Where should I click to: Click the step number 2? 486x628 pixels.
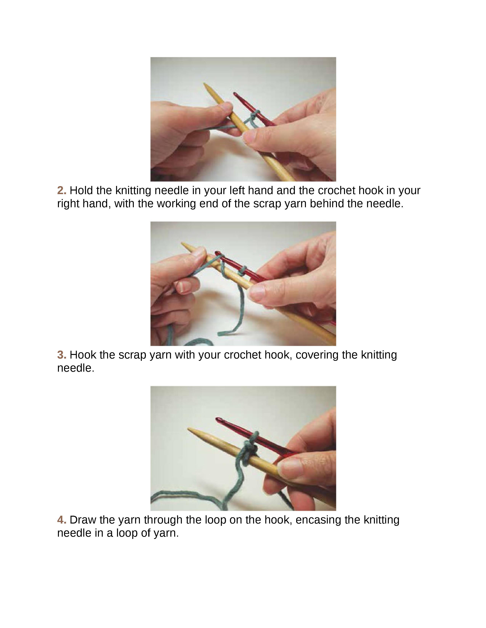click(62, 190)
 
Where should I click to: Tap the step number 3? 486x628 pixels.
click(62, 355)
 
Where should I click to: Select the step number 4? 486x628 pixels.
click(62, 520)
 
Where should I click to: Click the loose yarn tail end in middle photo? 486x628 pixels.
click(221, 334)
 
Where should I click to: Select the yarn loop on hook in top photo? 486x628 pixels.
click(254, 115)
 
